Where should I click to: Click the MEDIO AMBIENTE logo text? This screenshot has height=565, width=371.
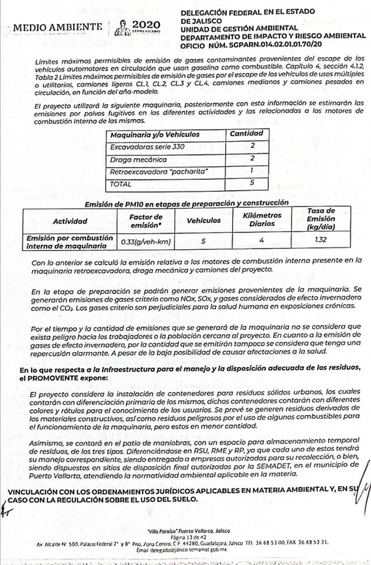tap(57, 27)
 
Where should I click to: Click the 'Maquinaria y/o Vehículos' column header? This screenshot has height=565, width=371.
tap(155, 135)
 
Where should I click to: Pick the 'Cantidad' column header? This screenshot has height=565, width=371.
tap(246, 134)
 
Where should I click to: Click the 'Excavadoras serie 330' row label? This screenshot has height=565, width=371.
tap(147, 147)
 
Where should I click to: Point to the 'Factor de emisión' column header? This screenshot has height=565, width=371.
tap(145, 221)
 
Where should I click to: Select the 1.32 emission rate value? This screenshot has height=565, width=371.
tap(321, 240)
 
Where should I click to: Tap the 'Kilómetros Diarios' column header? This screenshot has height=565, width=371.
tap(262, 220)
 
